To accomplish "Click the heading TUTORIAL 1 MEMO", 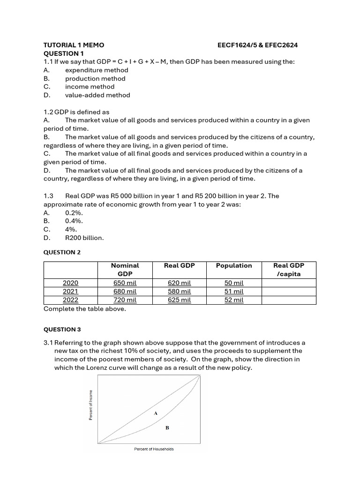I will [74, 45].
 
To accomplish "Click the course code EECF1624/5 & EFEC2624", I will [257, 45].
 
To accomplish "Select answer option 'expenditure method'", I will [96, 70].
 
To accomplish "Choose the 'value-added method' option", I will [97, 95].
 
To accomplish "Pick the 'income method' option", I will [90, 87].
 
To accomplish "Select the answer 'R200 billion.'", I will [84, 238].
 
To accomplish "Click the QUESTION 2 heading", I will [62, 252].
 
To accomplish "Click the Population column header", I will [234, 265].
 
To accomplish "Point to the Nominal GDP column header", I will [125, 270].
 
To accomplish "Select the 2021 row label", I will [70, 292].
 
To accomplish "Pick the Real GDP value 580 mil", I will [179, 292].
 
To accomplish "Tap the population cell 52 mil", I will [234, 300].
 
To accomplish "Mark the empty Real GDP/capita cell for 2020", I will [289, 283].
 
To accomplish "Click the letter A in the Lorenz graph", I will [156, 413].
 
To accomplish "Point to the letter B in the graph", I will [167, 428].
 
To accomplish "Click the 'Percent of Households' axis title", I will [154, 449].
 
